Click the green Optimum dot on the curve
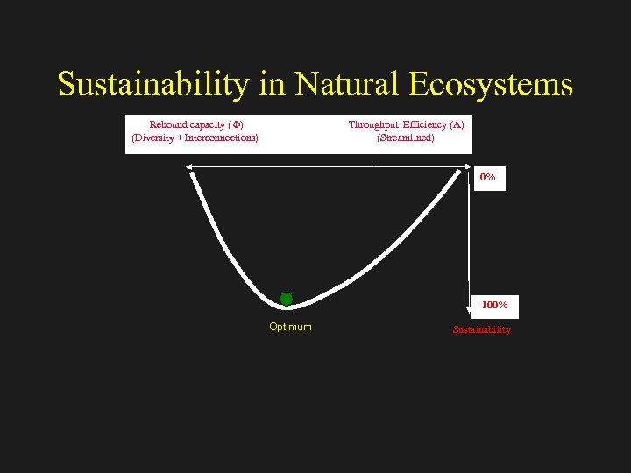pyautogui.click(x=287, y=299)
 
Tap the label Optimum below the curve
pyautogui.click(x=290, y=327)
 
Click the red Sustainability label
pyautogui.click(x=481, y=330)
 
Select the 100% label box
pyautogui.click(x=493, y=305)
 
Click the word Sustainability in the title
pyautogui.click(x=154, y=85)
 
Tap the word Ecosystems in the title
pyautogui.click(x=493, y=85)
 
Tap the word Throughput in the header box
pyautogui.click(x=373, y=124)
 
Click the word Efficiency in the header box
pyautogui.click(x=425, y=124)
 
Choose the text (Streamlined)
pyautogui.click(x=405, y=138)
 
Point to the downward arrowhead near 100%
pyautogui.click(x=470, y=300)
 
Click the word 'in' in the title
pyautogui.click(x=273, y=85)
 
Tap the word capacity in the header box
pyautogui.click(x=206, y=124)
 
